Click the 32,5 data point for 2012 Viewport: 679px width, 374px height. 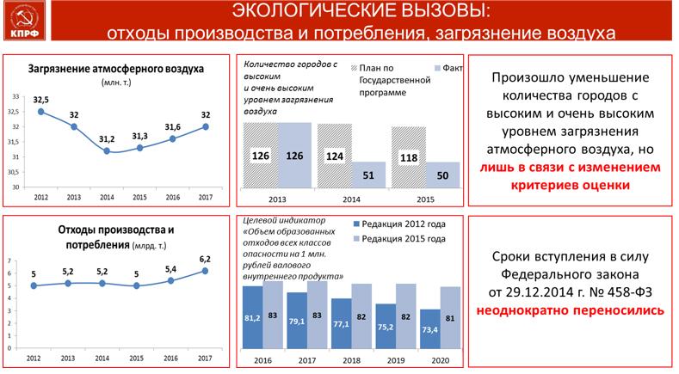pyautogui.click(x=40, y=112)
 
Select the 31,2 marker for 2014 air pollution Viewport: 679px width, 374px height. pyautogui.click(x=107, y=150)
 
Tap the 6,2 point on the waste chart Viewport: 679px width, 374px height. pyautogui.click(x=204, y=270)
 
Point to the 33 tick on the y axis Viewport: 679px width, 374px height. pyautogui.click(x=15, y=96)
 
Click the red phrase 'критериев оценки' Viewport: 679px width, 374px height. pyautogui.click(x=570, y=184)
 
